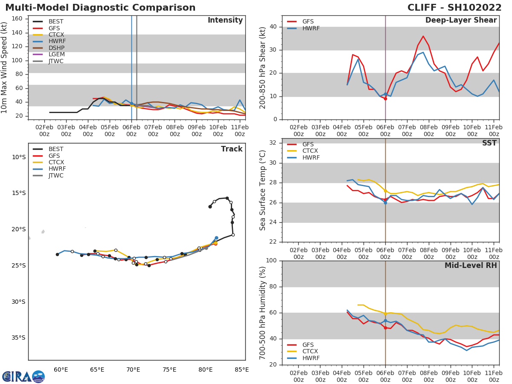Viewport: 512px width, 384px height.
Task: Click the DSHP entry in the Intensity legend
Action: point(56,48)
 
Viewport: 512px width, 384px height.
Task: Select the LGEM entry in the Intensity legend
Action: point(56,55)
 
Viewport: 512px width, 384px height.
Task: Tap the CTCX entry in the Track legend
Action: point(56,163)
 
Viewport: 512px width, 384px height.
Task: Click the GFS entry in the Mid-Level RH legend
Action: point(310,345)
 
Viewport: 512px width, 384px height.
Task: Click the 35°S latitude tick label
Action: point(18,338)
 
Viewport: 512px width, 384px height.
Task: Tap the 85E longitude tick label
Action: point(242,369)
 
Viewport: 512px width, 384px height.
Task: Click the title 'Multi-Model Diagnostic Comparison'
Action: point(100,8)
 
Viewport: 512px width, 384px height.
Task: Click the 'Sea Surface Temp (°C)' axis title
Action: point(263,190)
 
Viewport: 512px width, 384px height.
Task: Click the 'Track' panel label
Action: point(232,149)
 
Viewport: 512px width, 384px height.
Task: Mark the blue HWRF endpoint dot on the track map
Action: point(216,238)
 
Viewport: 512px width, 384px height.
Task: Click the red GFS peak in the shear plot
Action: point(423,36)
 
